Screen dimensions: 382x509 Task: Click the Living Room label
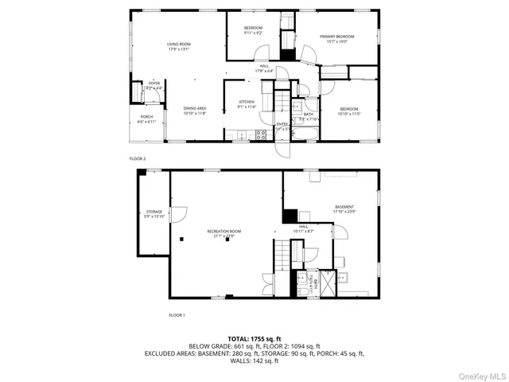[x=179, y=46]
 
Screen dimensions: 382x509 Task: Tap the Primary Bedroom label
[x=336, y=39]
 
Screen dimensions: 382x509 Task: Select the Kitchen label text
[x=247, y=104]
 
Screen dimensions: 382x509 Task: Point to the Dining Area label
[x=195, y=111]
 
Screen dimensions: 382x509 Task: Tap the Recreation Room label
[x=223, y=233]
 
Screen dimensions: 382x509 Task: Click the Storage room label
[x=153, y=213]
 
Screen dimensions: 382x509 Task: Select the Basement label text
[x=344, y=209]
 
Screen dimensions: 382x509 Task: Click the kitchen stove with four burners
[x=260, y=134]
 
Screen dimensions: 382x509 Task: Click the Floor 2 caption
[x=138, y=158]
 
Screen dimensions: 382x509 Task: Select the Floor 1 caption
[x=177, y=315]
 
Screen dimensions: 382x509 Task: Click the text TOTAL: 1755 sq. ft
[x=254, y=339]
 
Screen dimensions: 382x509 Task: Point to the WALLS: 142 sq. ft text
[x=254, y=361]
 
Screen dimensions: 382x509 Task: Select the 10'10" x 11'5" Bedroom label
[x=349, y=111]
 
